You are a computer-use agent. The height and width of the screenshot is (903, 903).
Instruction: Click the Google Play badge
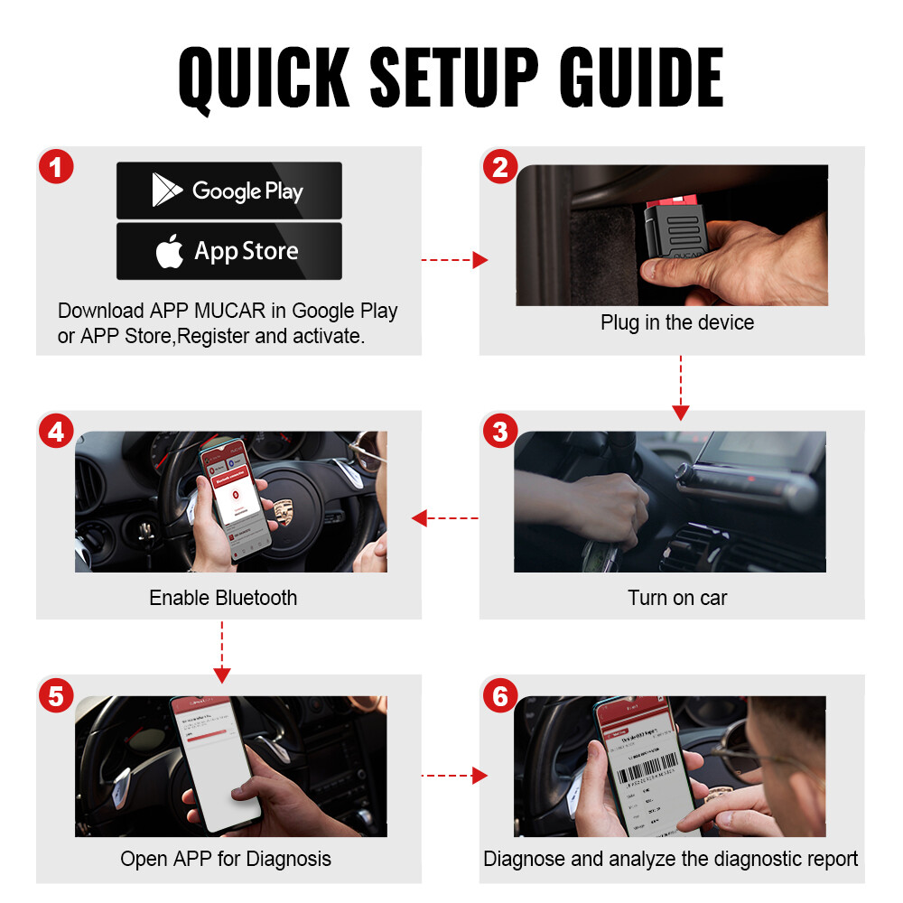point(229,191)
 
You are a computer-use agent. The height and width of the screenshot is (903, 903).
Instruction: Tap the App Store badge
point(229,251)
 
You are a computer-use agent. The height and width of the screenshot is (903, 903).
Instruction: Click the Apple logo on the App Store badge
point(170,252)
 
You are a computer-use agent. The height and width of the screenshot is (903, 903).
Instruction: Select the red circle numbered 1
point(56,168)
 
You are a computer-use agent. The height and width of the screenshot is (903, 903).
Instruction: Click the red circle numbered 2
point(500,168)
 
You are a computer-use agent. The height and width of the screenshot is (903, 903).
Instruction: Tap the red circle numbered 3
point(500,432)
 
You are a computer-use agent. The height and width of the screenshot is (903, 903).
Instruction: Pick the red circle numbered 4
point(56,432)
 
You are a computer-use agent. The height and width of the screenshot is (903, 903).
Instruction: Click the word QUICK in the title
point(263,79)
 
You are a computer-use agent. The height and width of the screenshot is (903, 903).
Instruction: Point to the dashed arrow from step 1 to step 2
point(454,261)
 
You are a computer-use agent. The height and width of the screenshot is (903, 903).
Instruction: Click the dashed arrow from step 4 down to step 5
point(222,650)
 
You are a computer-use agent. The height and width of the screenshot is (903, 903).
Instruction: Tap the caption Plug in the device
point(676,322)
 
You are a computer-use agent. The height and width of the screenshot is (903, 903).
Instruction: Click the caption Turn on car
point(676,598)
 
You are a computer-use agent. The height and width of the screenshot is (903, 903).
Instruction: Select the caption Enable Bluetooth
point(222,598)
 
